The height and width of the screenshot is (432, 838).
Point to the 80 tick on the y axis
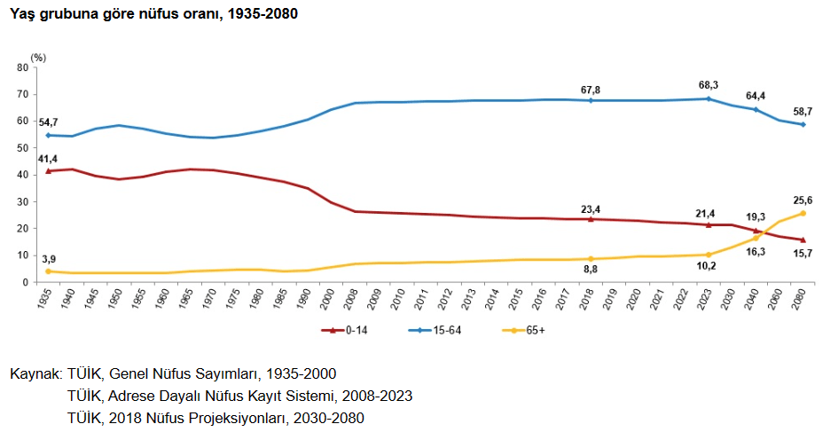pos(22,67)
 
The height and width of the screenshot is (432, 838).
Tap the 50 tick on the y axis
pos(22,148)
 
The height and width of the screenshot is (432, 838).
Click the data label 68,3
pos(709,85)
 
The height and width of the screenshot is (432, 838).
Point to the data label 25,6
pos(803,200)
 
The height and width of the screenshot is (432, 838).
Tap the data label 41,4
pos(47,158)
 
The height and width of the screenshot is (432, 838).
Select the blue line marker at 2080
pos(803,124)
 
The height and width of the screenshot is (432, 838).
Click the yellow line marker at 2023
pos(709,255)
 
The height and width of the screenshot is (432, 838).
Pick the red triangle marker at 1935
pos(47,170)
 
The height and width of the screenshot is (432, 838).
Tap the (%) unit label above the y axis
pos(37,56)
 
